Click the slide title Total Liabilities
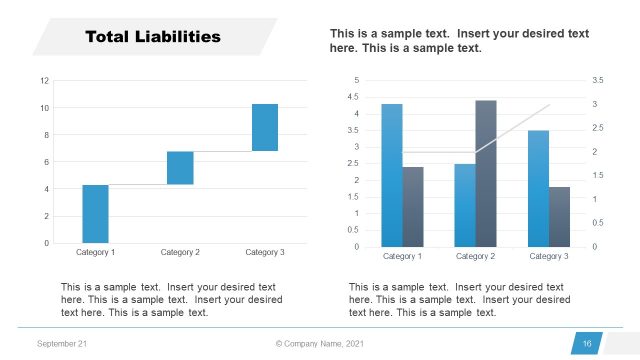pyautogui.click(x=152, y=38)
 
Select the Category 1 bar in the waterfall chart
pyautogui.click(x=95, y=213)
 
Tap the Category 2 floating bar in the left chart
pyautogui.click(x=180, y=168)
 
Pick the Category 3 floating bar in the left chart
pyautogui.click(x=265, y=127)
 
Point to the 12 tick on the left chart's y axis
pyautogui.click(x=44, y=80)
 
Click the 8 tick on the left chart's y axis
pyautogui.click(x=44, y=135)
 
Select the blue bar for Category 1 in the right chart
pyautogui.click(x=391, y=175)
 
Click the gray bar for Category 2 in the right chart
pyautogui.click(x=486, y=173)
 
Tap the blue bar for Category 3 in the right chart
pyautogui.click(x=537, y=188)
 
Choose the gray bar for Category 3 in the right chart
pyautogui.click(x=559, y=216)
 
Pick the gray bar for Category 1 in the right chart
pyautogui.click(x=413, y=206)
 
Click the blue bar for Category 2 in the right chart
pyautogui.click(x=464, y=205)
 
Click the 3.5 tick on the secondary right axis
pyautogui.click(x=598, y=80)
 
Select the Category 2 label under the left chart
pyautogui.click(x=180, y=253)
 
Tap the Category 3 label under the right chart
pyautogui.click(x=548, y=257)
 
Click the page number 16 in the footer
pyautogui.click(x=587, y=344)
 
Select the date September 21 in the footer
pyautogui.click(x=61, y=344)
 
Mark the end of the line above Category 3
pyautogui.click(x=549, y=104)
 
